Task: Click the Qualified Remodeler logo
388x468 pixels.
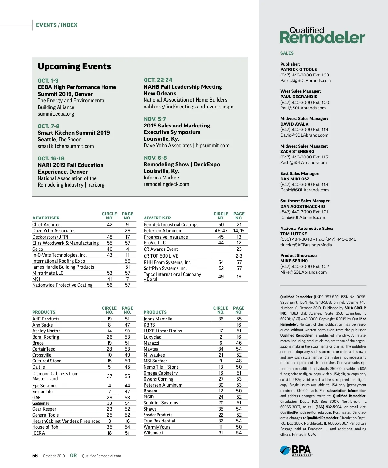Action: tap(322, 36)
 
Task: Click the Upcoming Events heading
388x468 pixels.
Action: tap(74, 66)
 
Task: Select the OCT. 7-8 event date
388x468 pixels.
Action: tap(48, 126)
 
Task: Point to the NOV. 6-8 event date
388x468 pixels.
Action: tap(155, 158)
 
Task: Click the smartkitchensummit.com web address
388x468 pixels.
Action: tap(66, 146)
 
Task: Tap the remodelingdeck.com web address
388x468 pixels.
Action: tap(166, 184)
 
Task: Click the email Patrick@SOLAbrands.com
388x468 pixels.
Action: tap(306, 81)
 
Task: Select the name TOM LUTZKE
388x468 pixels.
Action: tap(294, 234)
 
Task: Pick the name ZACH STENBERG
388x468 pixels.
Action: tap(297, 151)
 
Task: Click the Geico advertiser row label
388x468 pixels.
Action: tap(38, 249)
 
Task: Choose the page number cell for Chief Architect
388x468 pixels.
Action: tap(127, 225)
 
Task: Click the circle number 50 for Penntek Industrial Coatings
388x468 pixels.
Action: tap(221, 225)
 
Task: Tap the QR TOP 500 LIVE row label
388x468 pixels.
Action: tap(161, 256)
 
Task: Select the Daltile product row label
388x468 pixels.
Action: tap(38, 367)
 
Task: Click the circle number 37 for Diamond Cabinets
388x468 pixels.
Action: tap(110, 376)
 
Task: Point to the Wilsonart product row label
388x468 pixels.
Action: tap(153, 433)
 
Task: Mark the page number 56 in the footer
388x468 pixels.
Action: tap(35, 456)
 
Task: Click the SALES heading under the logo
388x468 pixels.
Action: tap(287, 53)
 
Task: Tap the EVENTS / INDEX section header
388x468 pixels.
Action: tap(57, 25)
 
